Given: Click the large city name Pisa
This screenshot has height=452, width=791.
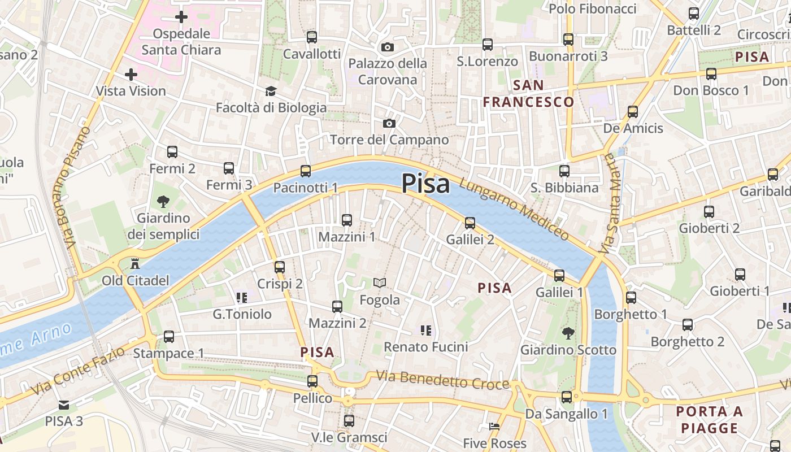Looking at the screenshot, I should (x=425, y=184).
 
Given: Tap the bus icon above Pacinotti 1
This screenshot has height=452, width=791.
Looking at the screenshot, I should (x=306, y=171).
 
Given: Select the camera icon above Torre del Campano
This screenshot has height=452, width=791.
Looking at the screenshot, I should (x=389, y=123).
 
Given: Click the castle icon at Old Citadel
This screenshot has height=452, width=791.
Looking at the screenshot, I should (x=135, y=263).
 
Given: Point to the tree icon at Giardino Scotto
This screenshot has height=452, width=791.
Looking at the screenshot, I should (x=568, y=333).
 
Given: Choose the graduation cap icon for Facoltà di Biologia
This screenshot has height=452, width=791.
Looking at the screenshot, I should (x=271, y=91).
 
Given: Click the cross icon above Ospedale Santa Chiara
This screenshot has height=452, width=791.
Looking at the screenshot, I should (x=181, y=17).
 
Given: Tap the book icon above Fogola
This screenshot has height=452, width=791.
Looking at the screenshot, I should (x=380, y=282).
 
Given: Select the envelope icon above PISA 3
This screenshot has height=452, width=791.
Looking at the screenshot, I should (x=64, y=405).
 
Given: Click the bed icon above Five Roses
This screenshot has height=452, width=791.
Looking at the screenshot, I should (x=494, y=427).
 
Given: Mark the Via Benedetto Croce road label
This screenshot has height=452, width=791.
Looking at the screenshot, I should (x=443, y=380).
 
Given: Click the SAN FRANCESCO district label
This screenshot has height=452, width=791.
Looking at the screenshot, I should (x=528, y=94).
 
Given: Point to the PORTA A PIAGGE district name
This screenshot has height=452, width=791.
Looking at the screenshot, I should (x=710, y=420).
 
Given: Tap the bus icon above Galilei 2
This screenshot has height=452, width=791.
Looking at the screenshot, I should (x=470, y=223).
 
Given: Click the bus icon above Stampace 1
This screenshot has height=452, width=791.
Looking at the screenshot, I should (x=168, y=337).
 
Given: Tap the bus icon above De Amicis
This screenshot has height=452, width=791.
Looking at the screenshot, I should (x=633, y=112).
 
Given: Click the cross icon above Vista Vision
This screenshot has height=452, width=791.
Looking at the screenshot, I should (x=131, y=74).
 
